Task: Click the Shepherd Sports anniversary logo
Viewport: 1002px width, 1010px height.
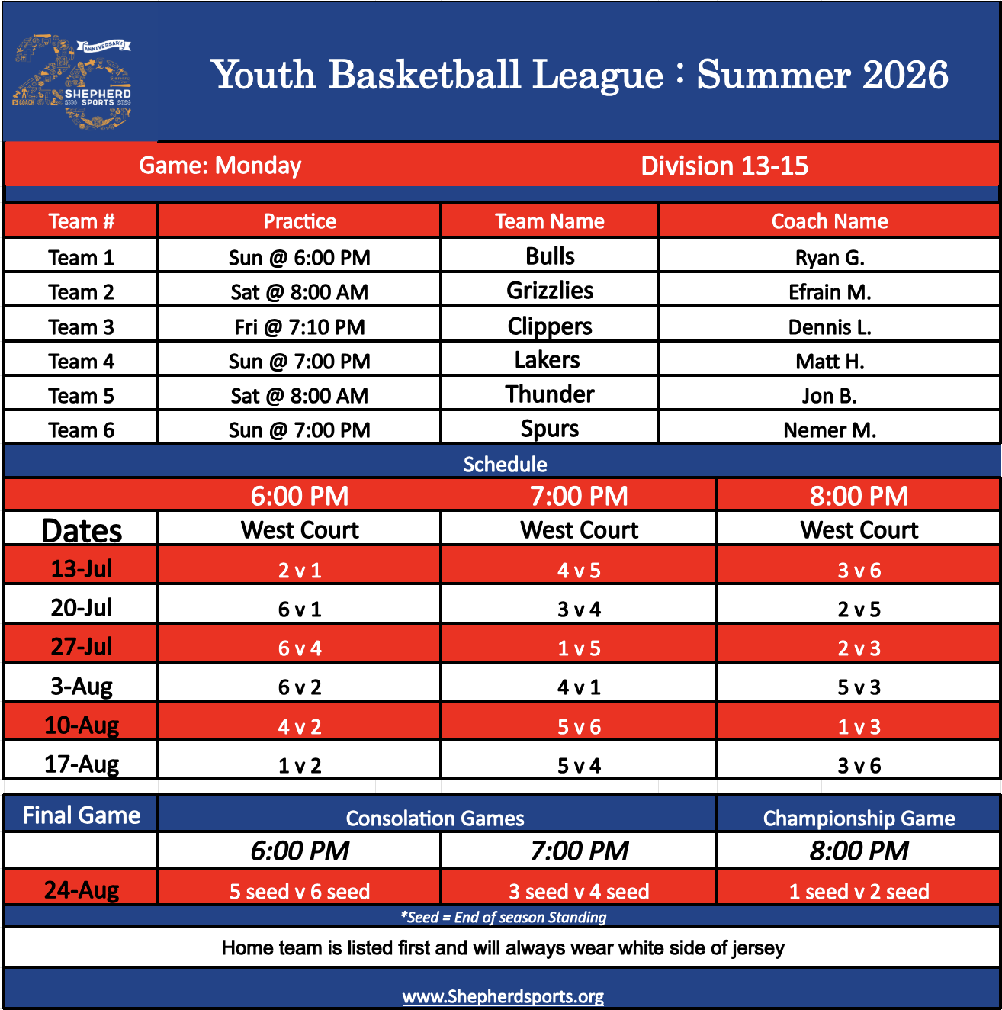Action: (72, 82)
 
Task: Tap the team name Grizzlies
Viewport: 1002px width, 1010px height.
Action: (550, 291)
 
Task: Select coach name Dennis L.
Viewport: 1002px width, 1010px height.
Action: (830, 327)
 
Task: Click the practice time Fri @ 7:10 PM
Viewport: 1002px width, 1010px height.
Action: (299, 327)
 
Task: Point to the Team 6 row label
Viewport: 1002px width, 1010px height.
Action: (82, 430)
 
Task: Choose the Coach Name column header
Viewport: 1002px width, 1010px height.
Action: (830, 221)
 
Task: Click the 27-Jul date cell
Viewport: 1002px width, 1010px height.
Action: (82, 647)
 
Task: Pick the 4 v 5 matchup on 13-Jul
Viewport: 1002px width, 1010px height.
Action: (579, 571)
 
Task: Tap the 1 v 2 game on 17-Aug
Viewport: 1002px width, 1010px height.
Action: (299, 766)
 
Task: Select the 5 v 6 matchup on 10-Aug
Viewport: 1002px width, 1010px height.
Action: (579, 727)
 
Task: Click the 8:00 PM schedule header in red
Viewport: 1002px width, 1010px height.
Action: (859, 496)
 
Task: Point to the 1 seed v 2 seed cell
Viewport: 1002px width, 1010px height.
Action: (859, 892)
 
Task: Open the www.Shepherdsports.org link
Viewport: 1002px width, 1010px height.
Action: (503, 996)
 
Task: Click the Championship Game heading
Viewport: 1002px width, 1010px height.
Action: (859, 819)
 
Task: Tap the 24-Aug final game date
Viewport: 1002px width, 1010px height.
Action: (82, 890)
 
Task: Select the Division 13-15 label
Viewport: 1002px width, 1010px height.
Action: (724, 166)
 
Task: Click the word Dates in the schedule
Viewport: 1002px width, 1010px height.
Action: (82, 530)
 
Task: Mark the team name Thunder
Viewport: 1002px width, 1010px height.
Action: (550, 394)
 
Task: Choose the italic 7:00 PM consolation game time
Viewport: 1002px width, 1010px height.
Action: (579, 850)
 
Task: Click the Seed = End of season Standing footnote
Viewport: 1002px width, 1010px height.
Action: (503, 917)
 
